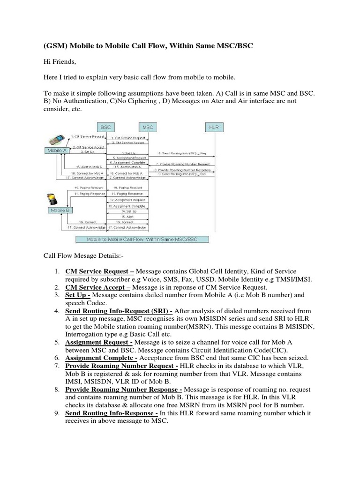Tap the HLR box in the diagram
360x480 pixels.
(x=215, y=127)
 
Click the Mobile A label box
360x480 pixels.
(x=57, y=150)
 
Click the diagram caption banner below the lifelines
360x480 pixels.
(x=142, y=239)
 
